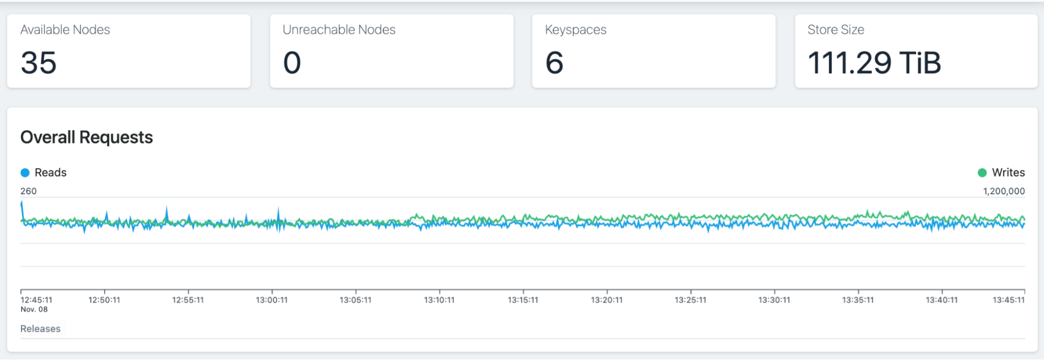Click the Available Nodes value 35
point(39,63)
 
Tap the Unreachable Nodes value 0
point(292,63)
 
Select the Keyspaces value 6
point(554,63)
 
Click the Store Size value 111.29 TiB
point(874,63)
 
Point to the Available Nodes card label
point(65,30)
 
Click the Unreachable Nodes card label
point(339,30)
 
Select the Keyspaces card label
point(576,30)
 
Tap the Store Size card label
point(836,30)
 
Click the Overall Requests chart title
point(87,137)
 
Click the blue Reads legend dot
point(25,173)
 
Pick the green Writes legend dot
point(982,173)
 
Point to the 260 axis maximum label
point(29,191)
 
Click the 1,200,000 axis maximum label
point(1004,191)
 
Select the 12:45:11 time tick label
point(37,300)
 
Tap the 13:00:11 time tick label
point(272,300)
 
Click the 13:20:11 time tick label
point(606,300)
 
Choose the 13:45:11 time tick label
point(1008,300)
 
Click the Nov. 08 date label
point(34,309)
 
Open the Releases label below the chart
point(40,329)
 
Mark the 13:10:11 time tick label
point(439,300)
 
